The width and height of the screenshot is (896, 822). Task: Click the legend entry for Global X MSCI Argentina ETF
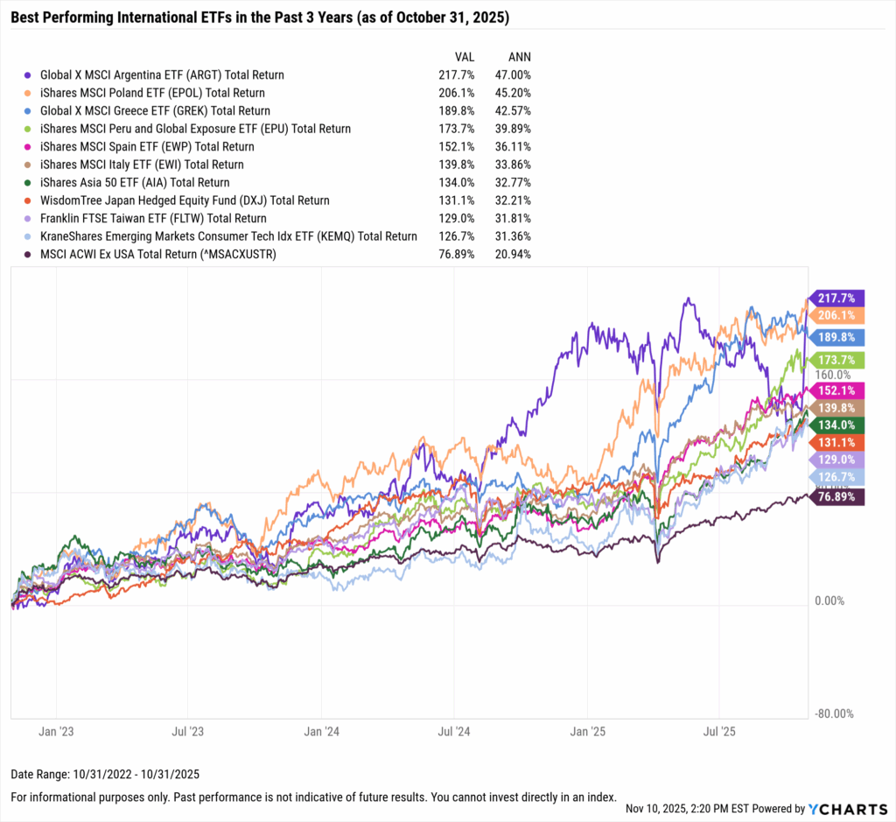pos(162,75)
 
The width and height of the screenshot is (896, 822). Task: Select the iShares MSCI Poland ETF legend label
pos(152,93)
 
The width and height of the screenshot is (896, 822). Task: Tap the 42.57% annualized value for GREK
pos(514,111)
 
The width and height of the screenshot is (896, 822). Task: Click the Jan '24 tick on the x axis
pos(322,730)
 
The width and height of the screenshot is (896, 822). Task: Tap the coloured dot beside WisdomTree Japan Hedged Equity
pos(31,200)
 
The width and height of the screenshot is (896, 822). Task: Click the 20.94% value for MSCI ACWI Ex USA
pos(514,254)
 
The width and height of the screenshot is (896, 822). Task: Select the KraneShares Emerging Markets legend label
pos(228,236)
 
